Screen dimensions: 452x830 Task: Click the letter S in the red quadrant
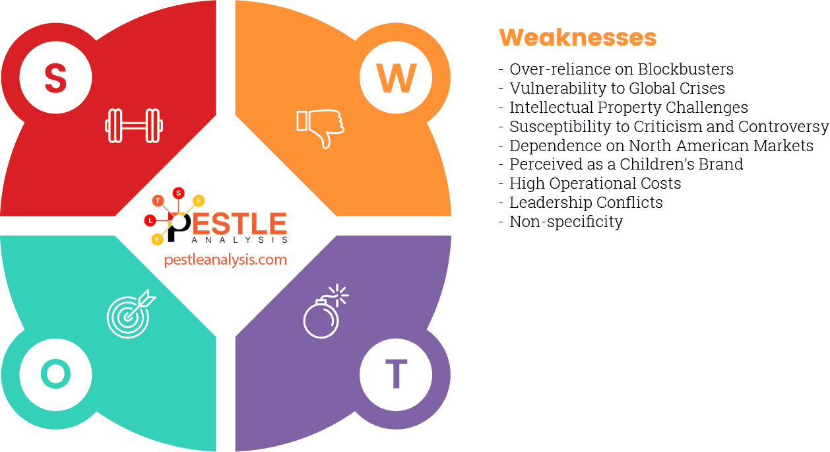(55, 77)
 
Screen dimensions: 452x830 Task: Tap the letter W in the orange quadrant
(396, 79)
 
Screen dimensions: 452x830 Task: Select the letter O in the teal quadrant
(55, 374)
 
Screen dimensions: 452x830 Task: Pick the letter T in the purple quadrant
(396, 374)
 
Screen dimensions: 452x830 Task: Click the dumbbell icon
(134, 125)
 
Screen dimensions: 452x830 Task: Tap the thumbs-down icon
(320, 127)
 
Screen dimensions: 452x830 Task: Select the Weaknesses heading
(577, 37)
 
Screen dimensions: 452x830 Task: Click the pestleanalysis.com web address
(226, 259)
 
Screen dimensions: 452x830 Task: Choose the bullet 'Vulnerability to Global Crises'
(617, 88)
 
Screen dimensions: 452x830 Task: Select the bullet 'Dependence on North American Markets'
(661, 146)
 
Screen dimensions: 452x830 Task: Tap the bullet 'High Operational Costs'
(595, 183)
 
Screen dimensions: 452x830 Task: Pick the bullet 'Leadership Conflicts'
(586, 203)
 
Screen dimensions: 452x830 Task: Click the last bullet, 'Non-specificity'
(566, 222)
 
